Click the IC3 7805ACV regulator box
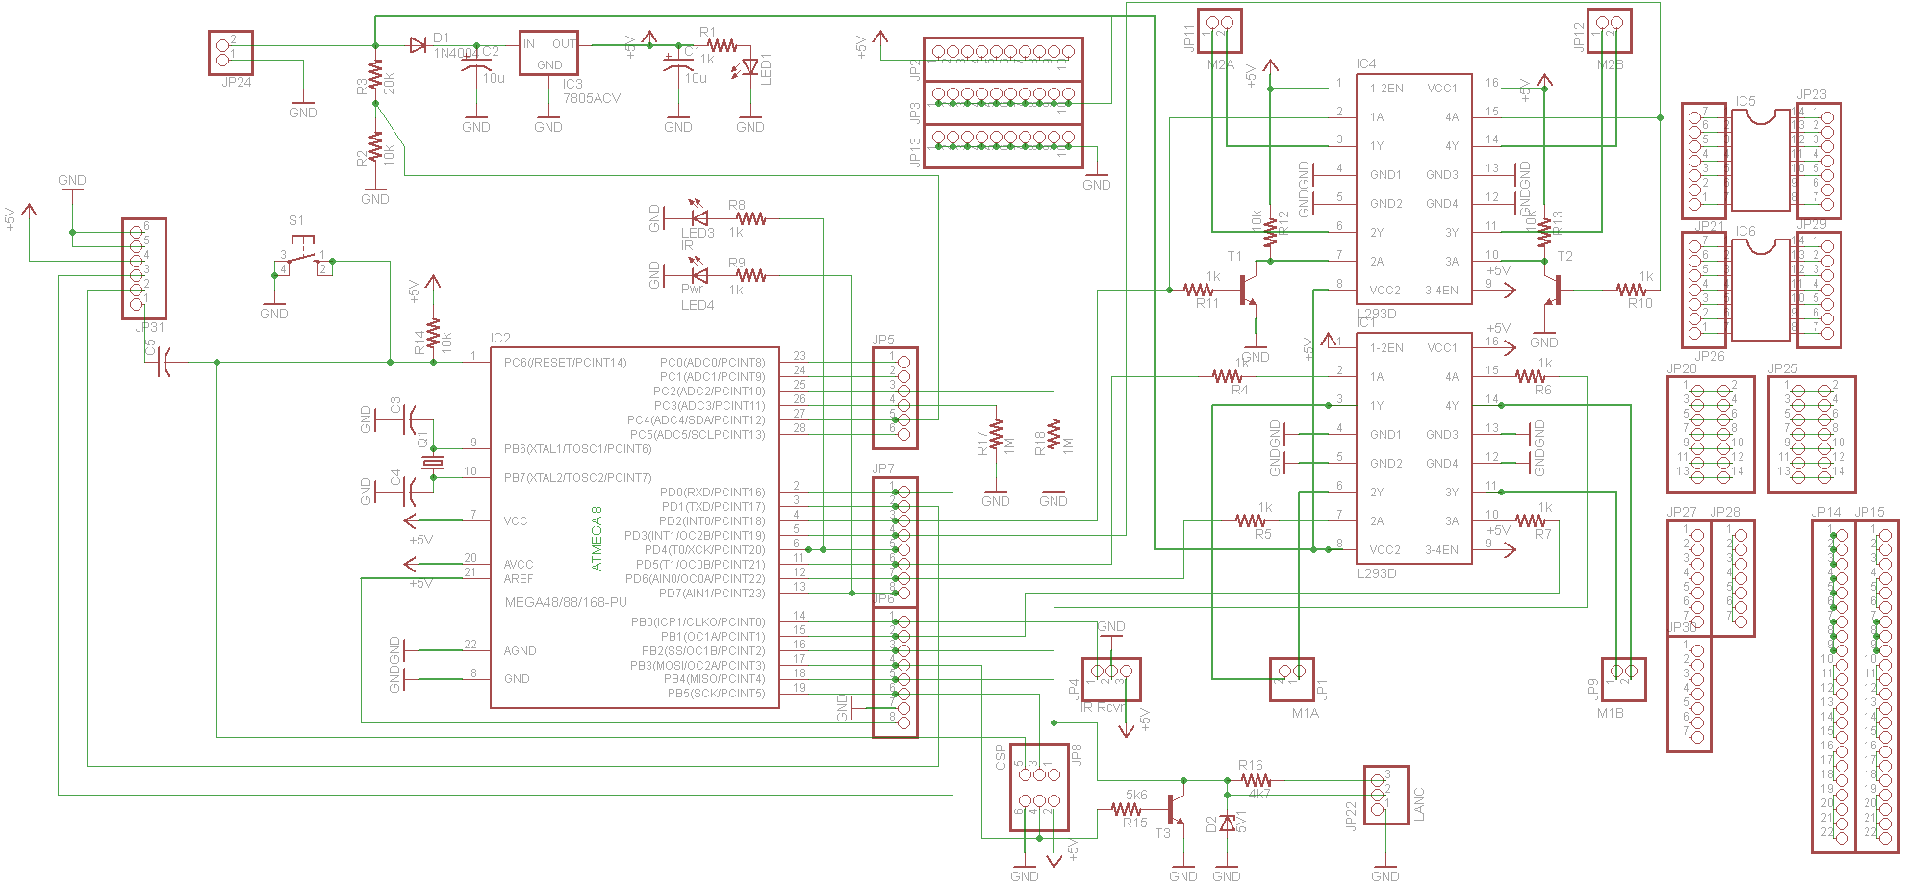click(548, 53)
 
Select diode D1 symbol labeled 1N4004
click(418, 45)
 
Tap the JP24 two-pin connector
click(230, 52)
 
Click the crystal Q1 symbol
click(433, 464)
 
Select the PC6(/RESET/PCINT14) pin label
click(565, 363)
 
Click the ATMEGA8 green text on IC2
click(597, 539)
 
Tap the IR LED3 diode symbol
click(699, 218)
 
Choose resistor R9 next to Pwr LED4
click(750, 276)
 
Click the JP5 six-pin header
click(895, 398)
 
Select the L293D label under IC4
click(1376, 314)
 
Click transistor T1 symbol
click(1247, 289)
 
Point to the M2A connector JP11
click(1219, 30)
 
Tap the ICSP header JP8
click(1039, 786)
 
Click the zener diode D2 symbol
click(1227, 823)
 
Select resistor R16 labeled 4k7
click(1255, 780)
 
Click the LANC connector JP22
click(1385, 795)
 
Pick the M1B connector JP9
click(1622, 679)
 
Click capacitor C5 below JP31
click(164, 363)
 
